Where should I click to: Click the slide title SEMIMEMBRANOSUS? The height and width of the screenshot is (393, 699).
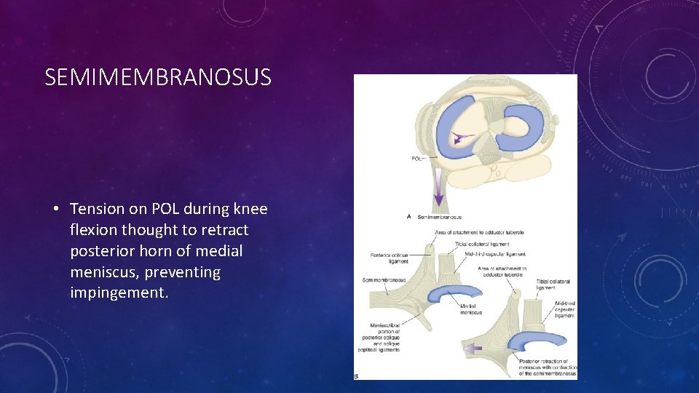coord(158,77)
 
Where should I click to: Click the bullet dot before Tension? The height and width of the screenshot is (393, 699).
coord(55,210)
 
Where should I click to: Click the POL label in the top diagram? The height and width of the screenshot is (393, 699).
coord(418,158)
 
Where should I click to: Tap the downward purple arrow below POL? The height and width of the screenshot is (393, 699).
coord(439,190)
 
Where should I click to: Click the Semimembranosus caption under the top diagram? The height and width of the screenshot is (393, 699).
coord(439,217)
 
